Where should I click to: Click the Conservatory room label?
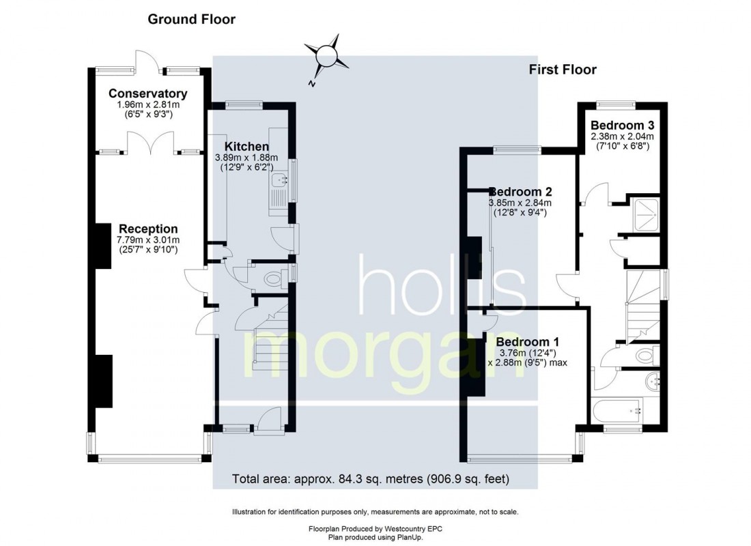147,94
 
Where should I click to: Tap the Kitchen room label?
246,147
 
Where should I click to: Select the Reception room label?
148,229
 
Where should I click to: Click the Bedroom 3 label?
623,126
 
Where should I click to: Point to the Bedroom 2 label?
520,192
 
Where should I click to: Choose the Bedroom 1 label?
528,342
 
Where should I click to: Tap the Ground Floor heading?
192,20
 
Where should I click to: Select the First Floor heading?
563,70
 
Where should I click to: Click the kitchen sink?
280,181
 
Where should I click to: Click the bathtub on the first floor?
617,411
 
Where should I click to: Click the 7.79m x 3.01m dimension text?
148,240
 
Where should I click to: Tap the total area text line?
371,478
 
